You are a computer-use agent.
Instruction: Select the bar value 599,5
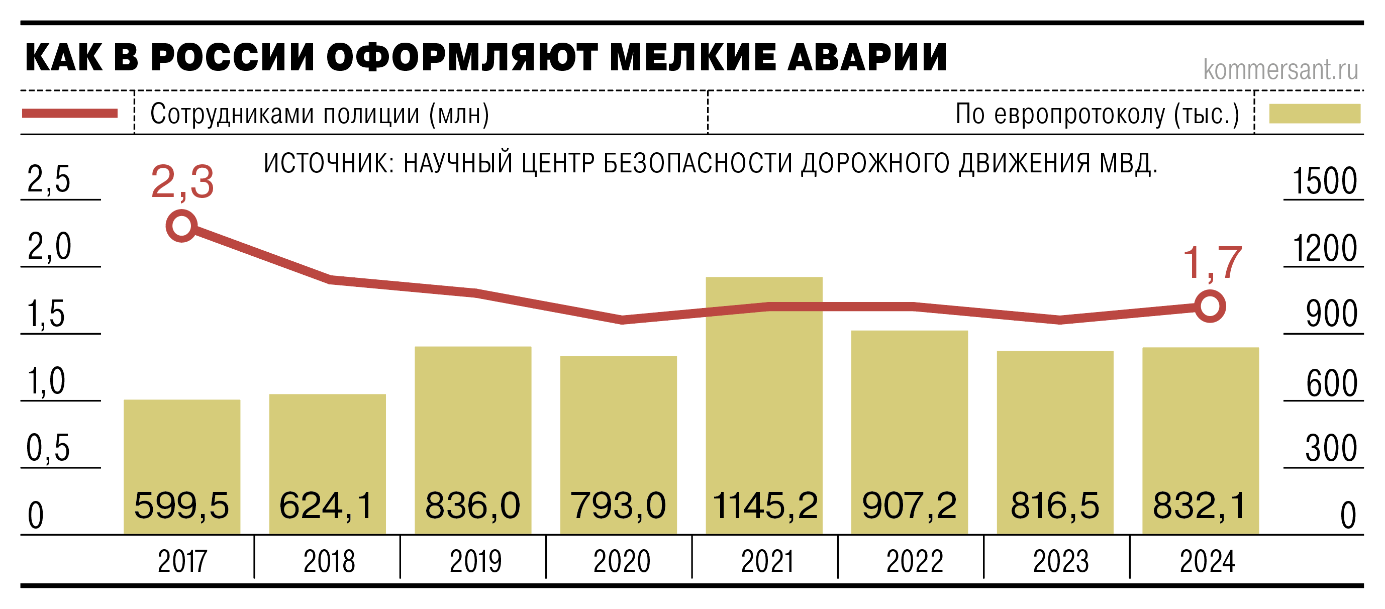(182, 505)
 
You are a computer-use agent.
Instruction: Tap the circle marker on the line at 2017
(182, 226)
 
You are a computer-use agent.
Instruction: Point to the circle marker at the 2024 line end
(1210, 307)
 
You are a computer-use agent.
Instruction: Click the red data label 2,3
(182, 182)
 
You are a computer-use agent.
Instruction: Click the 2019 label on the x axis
(475, 562)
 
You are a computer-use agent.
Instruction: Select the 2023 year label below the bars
(1060, 562)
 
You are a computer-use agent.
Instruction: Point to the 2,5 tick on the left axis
(48, 179)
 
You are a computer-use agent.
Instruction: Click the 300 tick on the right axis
(1331, 448)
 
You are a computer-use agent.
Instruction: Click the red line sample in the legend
(70, 114)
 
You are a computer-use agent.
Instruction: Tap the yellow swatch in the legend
(1315, 114)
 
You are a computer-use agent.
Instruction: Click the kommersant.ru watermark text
(1280, 69)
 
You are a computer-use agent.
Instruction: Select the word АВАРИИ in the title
(867, 57)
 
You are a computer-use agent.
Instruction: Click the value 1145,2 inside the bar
(764, 505)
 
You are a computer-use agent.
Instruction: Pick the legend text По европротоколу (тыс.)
(1097, 114)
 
